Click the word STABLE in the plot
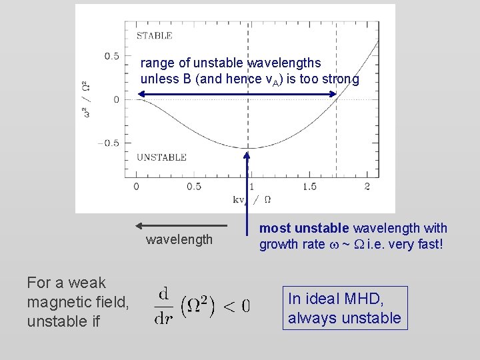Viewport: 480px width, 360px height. (154, 36)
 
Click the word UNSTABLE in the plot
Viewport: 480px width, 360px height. (161, 157)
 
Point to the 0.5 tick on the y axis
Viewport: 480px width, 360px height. (111, 56)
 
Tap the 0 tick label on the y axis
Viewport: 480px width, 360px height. (117, 99)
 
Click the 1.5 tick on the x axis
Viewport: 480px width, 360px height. (309, 187)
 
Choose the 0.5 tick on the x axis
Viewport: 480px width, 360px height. (194, 187)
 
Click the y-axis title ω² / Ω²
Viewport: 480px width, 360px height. (85, 100)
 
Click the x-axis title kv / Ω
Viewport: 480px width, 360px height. (251, 199)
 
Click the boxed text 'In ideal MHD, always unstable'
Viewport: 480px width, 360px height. (344, 308)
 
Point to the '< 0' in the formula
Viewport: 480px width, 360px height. (236, 306)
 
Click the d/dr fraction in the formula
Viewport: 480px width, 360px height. (164, 306)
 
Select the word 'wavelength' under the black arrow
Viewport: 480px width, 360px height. (179, 239)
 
